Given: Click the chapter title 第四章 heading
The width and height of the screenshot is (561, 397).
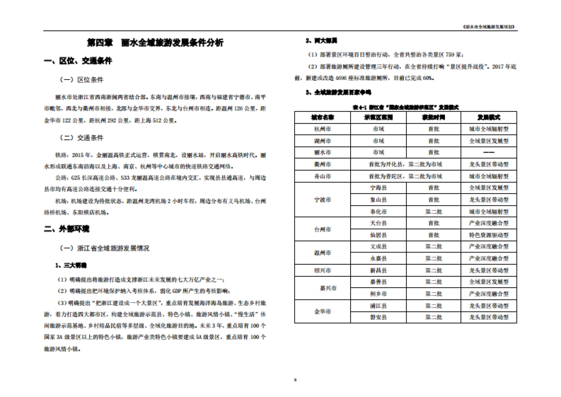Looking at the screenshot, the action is [156, 43].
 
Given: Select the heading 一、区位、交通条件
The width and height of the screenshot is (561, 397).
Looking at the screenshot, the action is [78, 61].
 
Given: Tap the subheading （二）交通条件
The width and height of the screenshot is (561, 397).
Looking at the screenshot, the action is [81, 138].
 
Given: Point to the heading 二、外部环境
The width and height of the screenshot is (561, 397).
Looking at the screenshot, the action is [66, 229].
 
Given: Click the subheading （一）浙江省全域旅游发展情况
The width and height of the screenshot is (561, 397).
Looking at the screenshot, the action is [104, 248].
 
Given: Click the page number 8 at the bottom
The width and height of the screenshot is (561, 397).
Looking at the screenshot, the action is [295, 379].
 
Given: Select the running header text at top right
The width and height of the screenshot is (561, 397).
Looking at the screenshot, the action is [488, 27].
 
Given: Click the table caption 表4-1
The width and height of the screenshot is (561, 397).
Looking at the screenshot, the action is [405, 107].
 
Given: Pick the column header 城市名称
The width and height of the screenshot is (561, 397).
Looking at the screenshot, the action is [322, 117].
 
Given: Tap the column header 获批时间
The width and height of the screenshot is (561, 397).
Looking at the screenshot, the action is [433, 117].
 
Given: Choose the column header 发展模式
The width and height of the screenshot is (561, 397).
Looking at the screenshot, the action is [489, 117].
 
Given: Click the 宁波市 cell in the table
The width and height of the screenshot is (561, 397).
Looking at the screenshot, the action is [322, 200].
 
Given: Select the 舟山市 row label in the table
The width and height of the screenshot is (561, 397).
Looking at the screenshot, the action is [322, 176].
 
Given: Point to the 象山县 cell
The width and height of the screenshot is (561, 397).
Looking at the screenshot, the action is [378, 200].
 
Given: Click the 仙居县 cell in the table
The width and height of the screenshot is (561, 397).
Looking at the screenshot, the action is [378, 235].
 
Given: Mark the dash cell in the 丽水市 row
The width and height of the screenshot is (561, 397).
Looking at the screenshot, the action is [489, 152].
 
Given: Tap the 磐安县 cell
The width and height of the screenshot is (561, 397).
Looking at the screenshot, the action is [378, 318].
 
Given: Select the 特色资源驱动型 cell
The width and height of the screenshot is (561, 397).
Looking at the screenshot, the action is [489, 235].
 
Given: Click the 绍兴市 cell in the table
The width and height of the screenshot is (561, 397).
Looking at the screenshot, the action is [322, 270].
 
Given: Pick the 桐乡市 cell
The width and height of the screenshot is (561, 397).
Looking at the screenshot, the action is [378, 294].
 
